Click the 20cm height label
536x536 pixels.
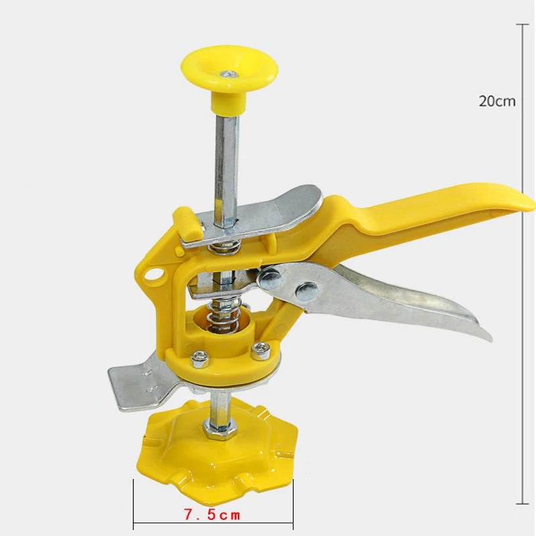(496, 101)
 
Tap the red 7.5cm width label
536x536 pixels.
(212, 515)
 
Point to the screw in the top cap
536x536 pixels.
(229, 74)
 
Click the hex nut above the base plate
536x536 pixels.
(220, 428)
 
